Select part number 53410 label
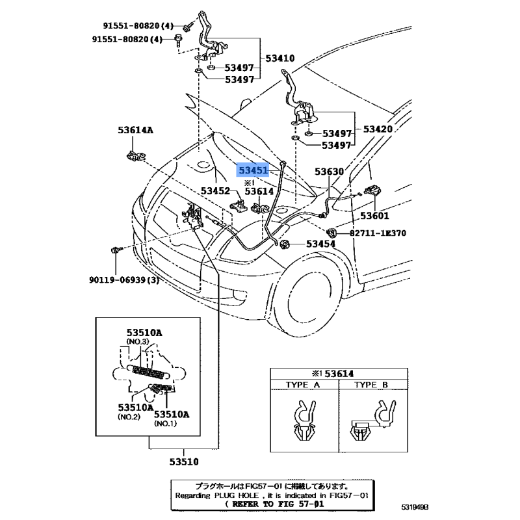[x=279, y=58]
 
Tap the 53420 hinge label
[x=377, y=129]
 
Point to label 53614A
[x=135, y=131]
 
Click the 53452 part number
[x=215, y=191]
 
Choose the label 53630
[x=330, y=172]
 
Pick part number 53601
[x=374, y=216]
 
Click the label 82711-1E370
[x=372, y=232]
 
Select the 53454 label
[x=320, y=244]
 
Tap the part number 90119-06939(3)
[x=124, y=280]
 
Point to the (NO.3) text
[x=138, y=342]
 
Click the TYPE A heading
[x=303, y=385]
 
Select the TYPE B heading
[x=370, y=385]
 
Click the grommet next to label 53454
[x=284, y=244]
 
